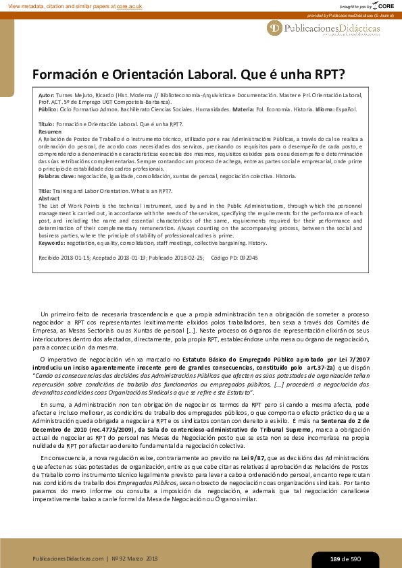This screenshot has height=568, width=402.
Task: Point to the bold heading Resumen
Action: [x=50, y=131]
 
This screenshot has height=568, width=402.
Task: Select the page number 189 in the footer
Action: [x=335, y=559]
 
